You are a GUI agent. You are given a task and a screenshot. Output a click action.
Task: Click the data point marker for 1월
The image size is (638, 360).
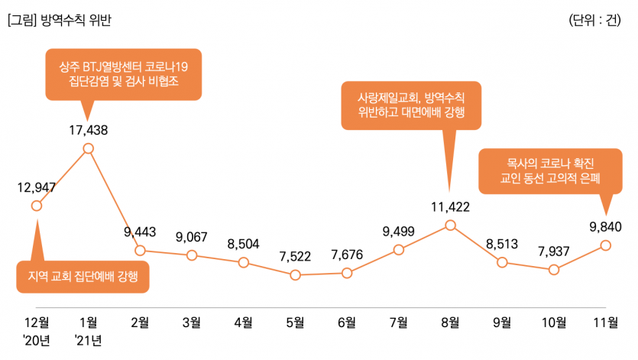point(88,148)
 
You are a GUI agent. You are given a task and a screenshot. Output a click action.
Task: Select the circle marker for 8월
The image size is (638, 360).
point(450,225)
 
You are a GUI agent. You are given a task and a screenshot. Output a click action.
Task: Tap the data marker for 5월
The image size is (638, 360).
point(295,274)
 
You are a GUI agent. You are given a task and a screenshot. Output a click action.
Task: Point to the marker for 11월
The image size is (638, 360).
point(606,245)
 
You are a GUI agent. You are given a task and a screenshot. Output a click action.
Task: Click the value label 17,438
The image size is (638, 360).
point(88,130)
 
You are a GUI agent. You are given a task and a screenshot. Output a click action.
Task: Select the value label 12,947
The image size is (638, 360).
point(36,186)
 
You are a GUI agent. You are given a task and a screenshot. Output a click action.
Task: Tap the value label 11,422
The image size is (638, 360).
point(450,206)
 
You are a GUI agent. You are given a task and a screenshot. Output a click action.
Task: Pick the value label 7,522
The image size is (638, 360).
point(295,256)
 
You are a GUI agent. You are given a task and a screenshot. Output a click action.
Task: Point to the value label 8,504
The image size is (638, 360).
point(243,244)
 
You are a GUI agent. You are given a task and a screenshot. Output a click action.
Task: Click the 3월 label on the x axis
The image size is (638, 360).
point(191,322)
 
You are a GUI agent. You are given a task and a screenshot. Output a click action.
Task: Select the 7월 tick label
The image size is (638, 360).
point(398,322)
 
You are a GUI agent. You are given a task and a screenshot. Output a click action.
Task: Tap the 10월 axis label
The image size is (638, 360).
point(554,322)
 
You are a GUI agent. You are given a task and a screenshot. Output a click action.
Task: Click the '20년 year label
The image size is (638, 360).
point(36,339)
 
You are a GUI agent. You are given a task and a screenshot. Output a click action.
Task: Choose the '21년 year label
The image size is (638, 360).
point(88,339)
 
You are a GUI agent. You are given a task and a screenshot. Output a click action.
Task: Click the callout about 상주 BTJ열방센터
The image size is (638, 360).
point(123,73)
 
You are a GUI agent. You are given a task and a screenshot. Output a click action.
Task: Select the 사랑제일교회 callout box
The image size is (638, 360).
point(411,105)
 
